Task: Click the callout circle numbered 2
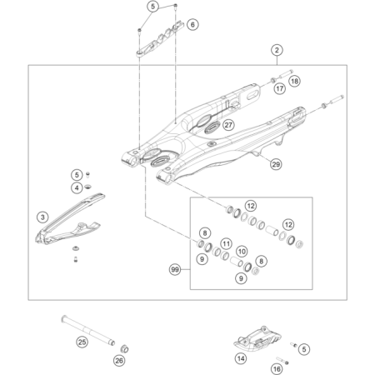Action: [x=277, y=50]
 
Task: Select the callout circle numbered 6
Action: [x=192, y=24]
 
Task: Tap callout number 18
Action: [x=294, y=81]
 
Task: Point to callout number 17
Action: [x=280, y=88]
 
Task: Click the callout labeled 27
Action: [x=228, y=125]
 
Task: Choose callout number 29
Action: [x=276, y=164]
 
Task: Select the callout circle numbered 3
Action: [x=42, y=217]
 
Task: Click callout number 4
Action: [x=77, y=187]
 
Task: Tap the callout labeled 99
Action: [x=175, y=269]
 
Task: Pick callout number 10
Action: [x=242, y=252]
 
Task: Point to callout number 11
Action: [x=226, y=244]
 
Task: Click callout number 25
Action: [x=82, y=342]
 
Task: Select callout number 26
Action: [x=119, y=361]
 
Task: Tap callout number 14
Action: [x=241, y=358]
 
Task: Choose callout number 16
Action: [x=277, y=369]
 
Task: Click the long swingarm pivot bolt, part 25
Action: [x=88, y=331]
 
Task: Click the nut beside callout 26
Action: [x=124, y=348]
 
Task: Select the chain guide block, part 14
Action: [x=257, y=339]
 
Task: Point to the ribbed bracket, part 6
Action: [x=161, y=39]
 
